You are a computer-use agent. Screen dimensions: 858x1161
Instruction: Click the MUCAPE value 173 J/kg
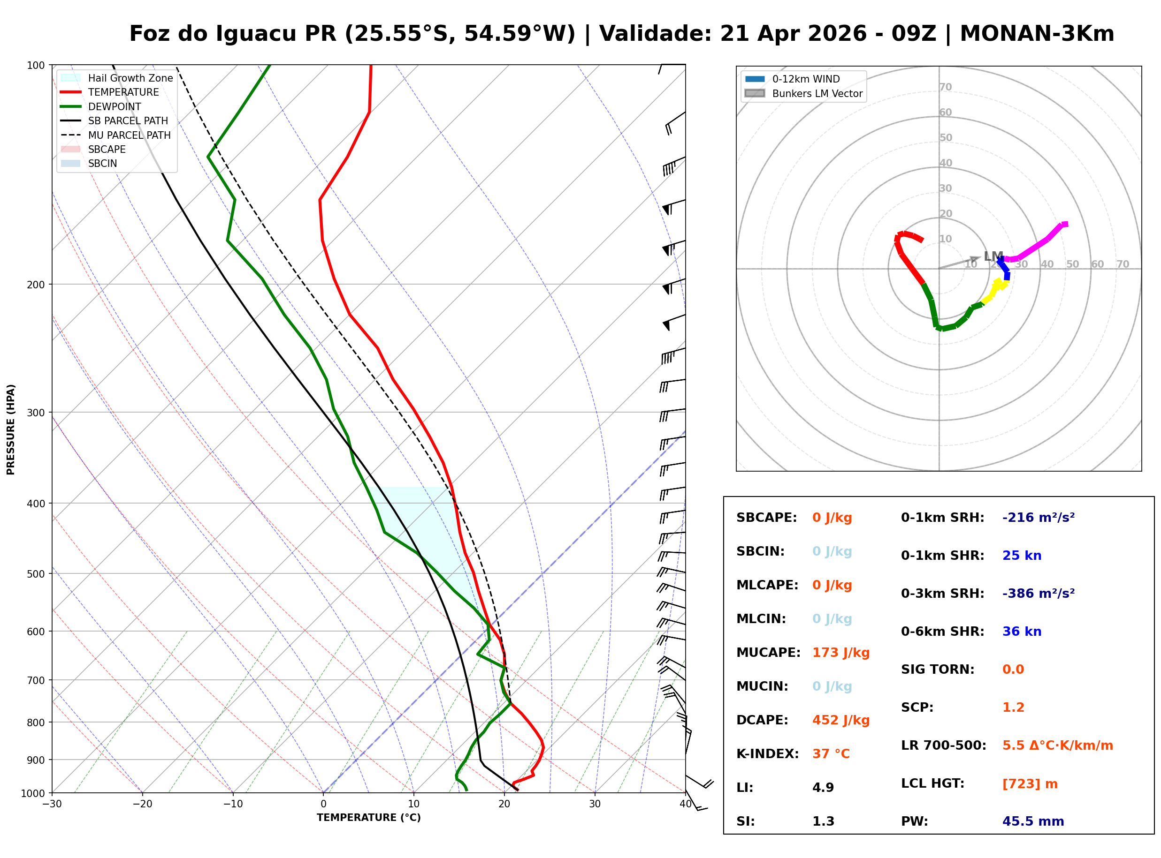840,652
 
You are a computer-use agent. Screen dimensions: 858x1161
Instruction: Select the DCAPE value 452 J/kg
840,720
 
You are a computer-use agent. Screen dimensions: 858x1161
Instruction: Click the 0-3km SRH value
1038,593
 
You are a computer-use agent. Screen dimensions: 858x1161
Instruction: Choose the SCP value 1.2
1013,707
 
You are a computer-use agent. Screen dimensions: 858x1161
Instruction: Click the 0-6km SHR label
942,631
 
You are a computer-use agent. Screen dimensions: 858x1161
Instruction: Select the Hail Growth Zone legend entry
130,78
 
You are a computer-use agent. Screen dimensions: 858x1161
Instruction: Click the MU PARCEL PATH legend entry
129,135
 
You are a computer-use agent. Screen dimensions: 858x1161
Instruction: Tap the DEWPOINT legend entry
115,106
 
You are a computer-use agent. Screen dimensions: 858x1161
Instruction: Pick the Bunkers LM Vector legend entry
817,93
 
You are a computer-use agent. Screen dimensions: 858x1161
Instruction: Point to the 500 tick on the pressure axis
36,574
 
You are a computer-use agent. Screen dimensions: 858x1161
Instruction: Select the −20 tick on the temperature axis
142,804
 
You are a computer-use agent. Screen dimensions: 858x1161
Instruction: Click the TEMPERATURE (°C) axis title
368,818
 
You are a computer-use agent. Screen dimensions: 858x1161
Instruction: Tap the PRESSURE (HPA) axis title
11,429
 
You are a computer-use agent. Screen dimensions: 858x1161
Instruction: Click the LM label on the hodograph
993,256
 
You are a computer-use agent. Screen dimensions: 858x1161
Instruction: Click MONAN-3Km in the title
1037,34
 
